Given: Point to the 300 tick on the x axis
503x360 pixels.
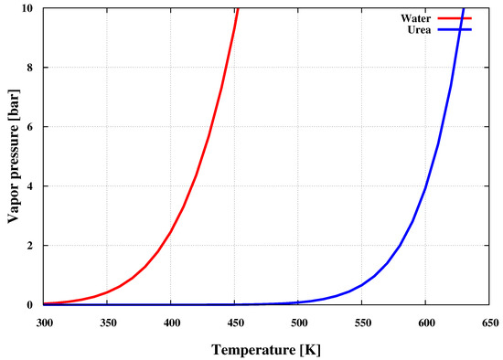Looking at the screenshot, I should (44, 322).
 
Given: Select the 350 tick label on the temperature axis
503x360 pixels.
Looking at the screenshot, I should (108, 322).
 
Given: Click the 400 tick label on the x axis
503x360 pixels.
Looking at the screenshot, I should (171, 322).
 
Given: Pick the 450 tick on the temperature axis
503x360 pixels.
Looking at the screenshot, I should (235, 322).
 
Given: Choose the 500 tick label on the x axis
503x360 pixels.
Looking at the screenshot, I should (299, 322).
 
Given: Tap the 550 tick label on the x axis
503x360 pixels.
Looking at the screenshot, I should (363, 322).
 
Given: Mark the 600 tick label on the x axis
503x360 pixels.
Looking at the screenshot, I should (426, 322).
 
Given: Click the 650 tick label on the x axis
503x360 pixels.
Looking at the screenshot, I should (490, 322).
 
